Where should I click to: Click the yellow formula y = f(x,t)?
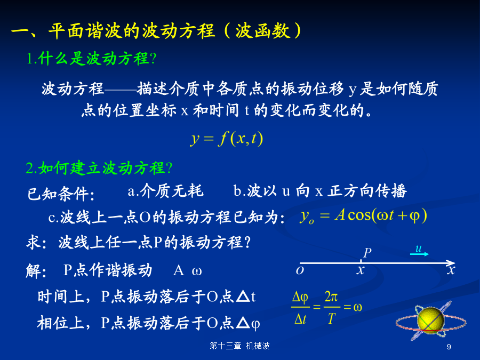[227, 139]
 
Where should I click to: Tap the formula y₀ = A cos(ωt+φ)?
[363, 215]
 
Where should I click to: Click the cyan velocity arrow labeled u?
[419, 254]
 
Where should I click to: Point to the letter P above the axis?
[367, 253]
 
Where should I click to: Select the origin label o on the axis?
[300, 270]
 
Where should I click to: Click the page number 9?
[449, 347]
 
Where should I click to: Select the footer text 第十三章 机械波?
[239, 346]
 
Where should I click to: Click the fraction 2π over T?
[332, 307]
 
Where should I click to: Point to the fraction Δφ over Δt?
[300, 307]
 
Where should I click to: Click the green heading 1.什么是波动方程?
[92, 58]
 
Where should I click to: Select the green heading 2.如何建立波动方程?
[99, 168]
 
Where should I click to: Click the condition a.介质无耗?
[166, 191]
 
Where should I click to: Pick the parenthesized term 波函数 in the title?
[262, 30]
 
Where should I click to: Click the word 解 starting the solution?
[34, 271]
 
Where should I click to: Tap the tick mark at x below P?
[361, 262]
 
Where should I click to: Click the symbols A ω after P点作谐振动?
[187, 271]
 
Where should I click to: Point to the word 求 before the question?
[34, 243]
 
